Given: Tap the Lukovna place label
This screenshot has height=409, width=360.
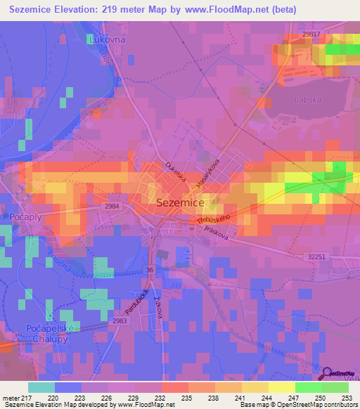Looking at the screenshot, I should tap(108, 40).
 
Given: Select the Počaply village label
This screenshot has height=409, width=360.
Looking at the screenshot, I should tap(27, 218).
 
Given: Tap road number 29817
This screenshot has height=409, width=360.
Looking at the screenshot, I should tap(311, 34).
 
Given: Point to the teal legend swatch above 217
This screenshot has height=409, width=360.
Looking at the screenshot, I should tap(41, 387).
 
